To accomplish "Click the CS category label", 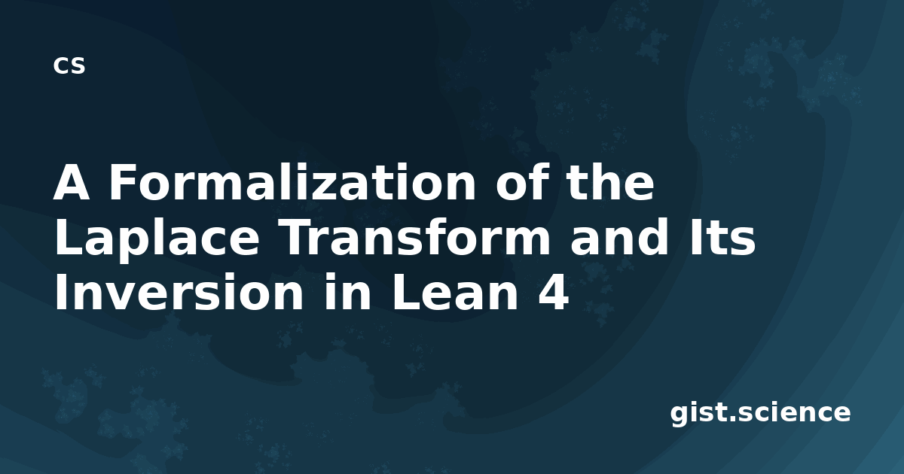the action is tap(69, 65).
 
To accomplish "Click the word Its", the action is tap(722, 237).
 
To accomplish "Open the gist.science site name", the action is tap(760, 413).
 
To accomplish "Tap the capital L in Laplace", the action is tap(68, 237).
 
